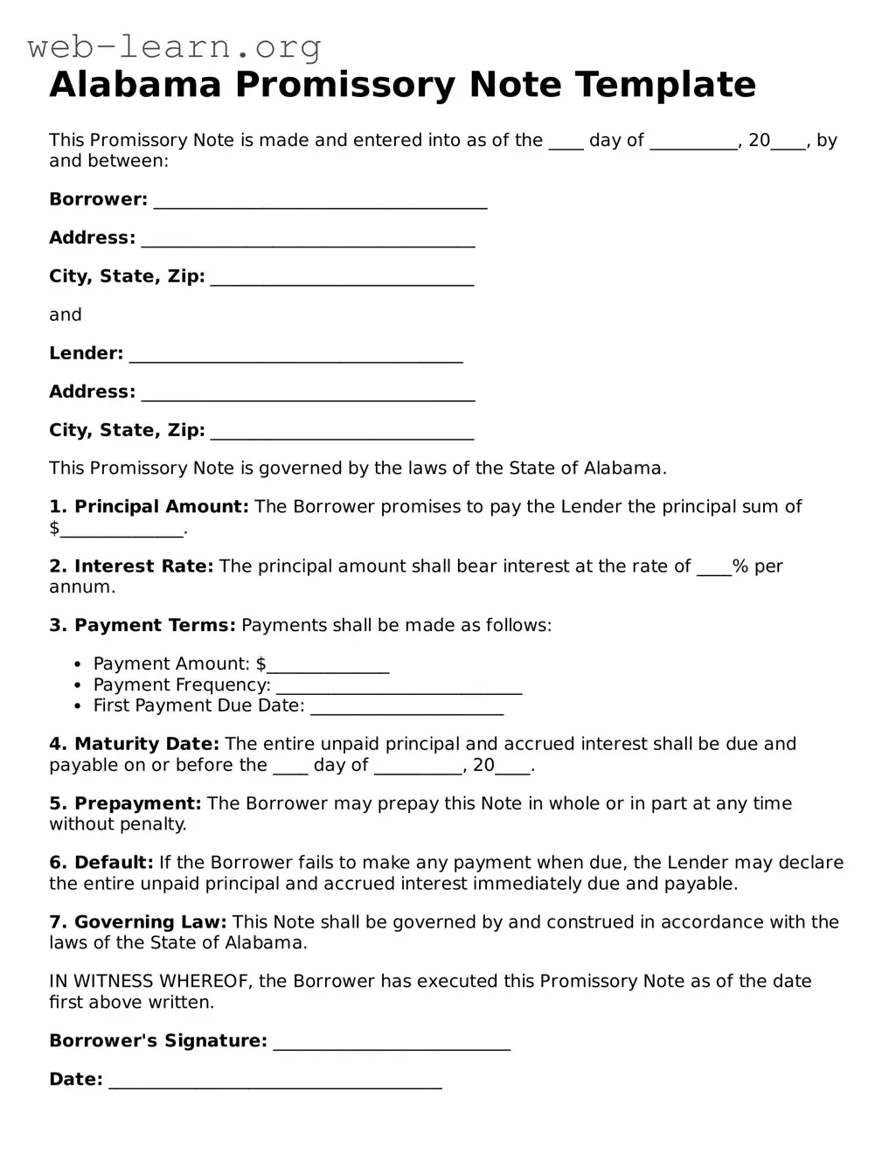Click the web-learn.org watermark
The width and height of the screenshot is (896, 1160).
[x=174, y=46]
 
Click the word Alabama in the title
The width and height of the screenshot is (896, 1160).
[x=135, y=85]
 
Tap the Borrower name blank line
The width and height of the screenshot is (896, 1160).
[x=320, y=202]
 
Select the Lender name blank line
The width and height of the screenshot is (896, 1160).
[x=295, y=356]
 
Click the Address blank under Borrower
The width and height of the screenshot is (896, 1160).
[x=308, y=240]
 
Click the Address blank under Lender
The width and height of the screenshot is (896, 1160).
[x=308, y=394]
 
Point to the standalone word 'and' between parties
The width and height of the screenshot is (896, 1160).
[x=66, y=315]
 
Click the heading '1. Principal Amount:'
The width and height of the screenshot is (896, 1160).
[x=149, y=507]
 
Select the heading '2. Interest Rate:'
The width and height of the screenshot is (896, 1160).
[x=131, y=566]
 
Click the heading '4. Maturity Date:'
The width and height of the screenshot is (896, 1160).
[x=134, y=745]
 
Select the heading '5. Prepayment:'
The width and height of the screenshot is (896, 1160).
[x=125, y=804]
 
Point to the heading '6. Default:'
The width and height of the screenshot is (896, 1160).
[x=101, y=863]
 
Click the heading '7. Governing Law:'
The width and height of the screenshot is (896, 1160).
[x=137, y=922]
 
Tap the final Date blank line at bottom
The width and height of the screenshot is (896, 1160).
[x=274, y=1082]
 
